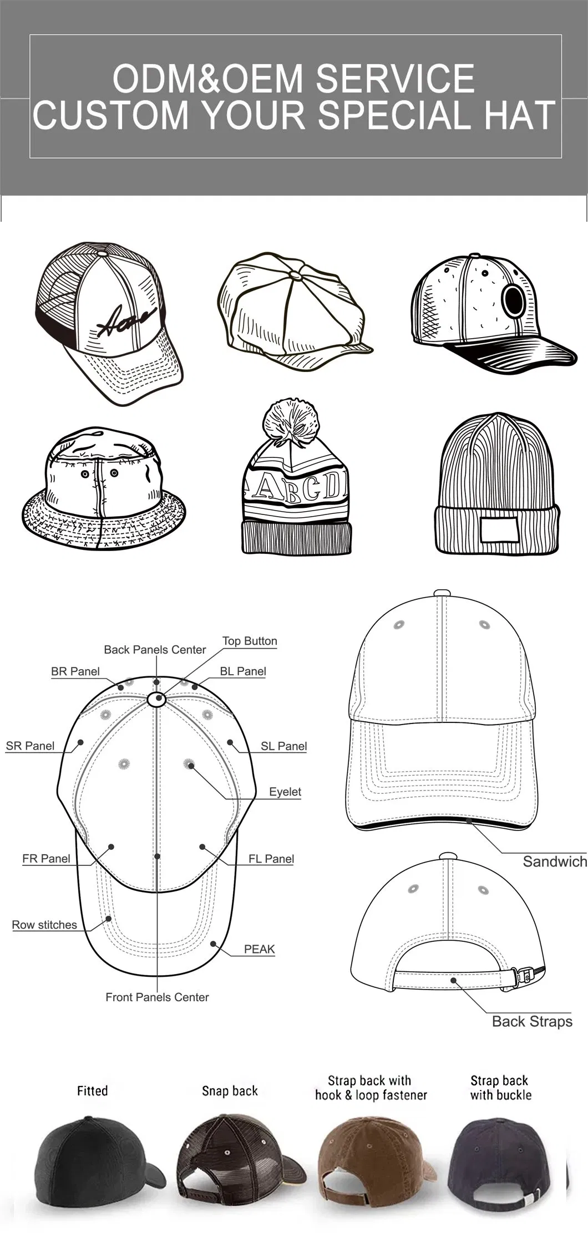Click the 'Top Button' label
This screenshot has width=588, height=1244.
[250, 641]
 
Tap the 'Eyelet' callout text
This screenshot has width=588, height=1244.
[285, 792]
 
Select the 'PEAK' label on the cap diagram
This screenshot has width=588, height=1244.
[260, 949]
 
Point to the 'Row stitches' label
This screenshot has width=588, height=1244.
[44, 925]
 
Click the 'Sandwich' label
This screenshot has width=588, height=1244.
[555, 861]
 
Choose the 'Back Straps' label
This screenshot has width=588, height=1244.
[532, 1022]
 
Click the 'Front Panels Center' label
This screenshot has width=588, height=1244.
[157, 997]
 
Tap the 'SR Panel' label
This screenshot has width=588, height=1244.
[30, 746]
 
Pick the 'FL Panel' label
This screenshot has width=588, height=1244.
[271, 859]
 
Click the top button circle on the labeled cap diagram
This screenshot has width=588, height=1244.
[157, 700]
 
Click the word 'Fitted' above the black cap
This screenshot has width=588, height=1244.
[92, 1090]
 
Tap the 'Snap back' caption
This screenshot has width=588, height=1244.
[230, 1091]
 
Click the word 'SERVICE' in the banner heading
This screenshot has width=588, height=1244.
[395, 78]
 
